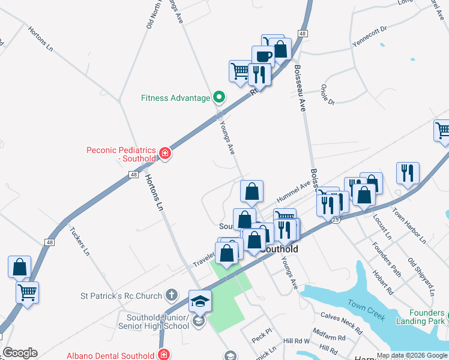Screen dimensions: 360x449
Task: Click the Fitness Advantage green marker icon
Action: click(x=219, y=97)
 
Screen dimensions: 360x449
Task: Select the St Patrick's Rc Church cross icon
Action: click(x=171, y=295)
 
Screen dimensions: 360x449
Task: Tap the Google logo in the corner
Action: click(x=20, y=353)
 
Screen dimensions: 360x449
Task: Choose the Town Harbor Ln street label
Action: click(x=409, y=225)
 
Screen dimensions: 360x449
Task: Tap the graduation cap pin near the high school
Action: click(x=200, y=301)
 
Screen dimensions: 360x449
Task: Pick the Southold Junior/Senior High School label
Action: click(x=158, y=322)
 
